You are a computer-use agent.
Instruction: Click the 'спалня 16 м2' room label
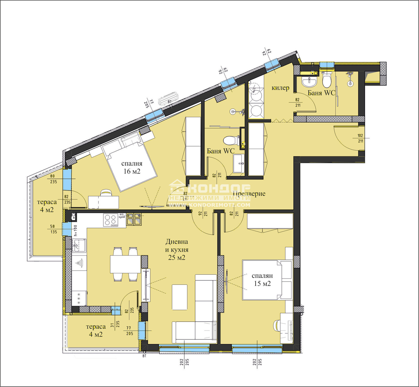coord(132,167)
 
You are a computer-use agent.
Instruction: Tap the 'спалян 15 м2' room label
coord(262,279)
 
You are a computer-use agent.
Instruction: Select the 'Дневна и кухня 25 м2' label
coord(177,250)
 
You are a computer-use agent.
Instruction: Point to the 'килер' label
coord(280,88)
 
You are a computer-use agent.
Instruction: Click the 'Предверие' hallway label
coord(249,193)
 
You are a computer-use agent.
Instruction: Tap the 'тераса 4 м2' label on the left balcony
coord(47,206)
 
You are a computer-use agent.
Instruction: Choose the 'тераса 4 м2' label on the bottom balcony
coord(96,330)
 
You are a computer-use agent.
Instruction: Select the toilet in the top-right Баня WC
coord(327,80)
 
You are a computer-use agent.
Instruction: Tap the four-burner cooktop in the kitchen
coord(111,220)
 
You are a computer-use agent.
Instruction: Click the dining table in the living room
coord(125,264)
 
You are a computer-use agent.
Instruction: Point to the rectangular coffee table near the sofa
coord(179,297)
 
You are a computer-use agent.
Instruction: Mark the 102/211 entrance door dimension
coord(360,138)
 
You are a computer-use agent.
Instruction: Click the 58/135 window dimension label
coord(53,229)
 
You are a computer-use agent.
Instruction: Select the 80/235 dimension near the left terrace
coord(53,179)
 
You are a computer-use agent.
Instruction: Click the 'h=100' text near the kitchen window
coord(76,230)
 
